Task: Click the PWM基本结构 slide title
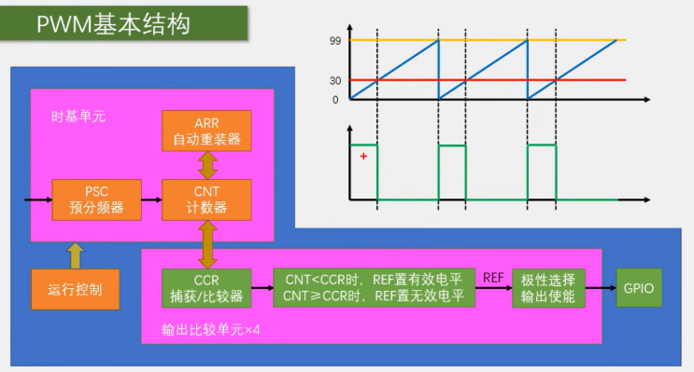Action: [113, 24]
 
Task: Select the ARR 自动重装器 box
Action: [206, 131]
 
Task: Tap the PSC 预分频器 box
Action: [97, 200]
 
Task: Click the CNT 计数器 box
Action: [206, 200]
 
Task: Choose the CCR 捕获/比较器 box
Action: [206, 288]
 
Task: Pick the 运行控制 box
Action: [76, 289]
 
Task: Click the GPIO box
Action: [639, 287]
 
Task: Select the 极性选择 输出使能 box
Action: [548, 287]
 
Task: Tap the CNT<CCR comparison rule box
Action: [374, 287]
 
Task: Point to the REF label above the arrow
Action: [493, 278]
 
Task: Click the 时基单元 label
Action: [78, 117]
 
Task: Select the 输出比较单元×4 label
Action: [211, 330]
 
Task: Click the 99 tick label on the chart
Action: [335, 41]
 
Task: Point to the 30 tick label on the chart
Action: [335, 81]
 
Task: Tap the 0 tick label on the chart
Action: [335, 100]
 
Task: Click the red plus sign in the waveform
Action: [363, 157]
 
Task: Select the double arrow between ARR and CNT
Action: [207, 165]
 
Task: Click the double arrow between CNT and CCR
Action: [207, 244]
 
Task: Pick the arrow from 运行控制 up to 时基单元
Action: [76, 255]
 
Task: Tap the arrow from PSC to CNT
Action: [152, 200]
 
